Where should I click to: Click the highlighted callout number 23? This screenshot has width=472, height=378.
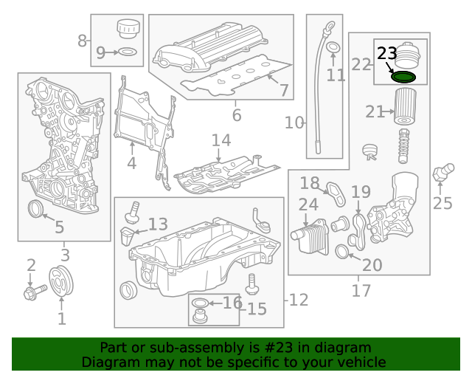click(x=387, y=53)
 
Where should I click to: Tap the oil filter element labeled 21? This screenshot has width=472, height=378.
click(x=404, y=106)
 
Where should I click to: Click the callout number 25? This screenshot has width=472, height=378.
click(x=442, y=203)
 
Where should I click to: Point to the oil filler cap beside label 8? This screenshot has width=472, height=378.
click(x=128, y=30)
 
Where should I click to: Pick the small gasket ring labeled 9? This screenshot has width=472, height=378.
click(x=127, y=52)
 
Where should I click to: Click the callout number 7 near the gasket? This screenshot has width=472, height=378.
click(x=283, y=90)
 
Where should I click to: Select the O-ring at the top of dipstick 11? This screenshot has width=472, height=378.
click(x=333, y=49)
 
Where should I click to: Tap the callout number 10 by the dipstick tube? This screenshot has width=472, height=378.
click(x=294, y=123)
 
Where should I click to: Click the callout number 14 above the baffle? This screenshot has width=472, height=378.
click(x=221, y=140)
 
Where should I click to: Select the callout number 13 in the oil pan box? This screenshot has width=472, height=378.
click(x=158, y=224)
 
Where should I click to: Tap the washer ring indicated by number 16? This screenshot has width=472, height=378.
click(x=199, y=303)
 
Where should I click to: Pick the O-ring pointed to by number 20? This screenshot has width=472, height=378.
click(x=343, y=253)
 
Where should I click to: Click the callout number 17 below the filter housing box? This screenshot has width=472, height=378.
click(x=361, y=291)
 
